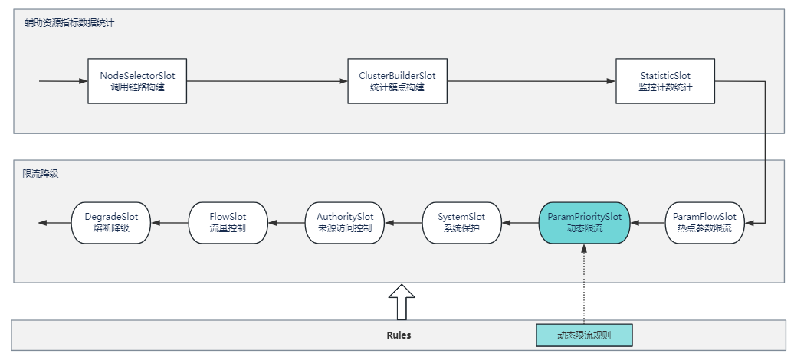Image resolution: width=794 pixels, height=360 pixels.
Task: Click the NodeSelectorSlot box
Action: pos(137,81)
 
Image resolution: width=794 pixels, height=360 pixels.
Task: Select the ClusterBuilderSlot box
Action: pos(397,81)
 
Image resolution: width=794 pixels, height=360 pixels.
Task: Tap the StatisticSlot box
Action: pos(665,81)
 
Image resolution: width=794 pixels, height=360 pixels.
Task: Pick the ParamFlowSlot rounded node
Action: pos(704,223)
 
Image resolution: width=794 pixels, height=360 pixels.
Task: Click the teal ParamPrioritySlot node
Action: pos(584,223)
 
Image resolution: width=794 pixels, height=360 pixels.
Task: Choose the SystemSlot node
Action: pos(461,223)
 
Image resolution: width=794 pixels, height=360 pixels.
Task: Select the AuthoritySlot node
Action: pos(344,223)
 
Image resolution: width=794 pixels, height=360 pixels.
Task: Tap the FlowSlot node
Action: pos(228,223)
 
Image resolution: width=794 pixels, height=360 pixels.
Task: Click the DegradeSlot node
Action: pos(111,223)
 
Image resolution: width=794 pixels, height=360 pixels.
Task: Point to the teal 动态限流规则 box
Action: pos(584,335)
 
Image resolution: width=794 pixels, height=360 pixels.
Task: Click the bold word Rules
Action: pos(399,335)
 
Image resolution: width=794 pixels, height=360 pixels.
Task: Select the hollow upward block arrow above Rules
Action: pos(402,302)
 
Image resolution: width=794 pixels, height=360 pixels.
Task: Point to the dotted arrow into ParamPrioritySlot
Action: pos(584,284)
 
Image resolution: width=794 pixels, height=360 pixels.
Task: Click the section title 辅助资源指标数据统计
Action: pos(70,23)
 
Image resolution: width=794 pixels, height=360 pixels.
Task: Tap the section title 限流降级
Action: pos(41,174)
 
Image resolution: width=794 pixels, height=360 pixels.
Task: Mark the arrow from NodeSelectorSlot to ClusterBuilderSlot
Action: pos(267,81)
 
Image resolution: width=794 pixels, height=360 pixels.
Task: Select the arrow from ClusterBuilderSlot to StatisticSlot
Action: pos(531,81)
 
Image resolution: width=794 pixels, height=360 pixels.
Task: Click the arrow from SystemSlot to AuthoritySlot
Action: pos(403,223)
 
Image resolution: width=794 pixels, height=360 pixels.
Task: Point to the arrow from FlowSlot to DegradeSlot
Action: pos(169,223)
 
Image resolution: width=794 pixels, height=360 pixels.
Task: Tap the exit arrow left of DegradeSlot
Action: pos(54,223)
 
